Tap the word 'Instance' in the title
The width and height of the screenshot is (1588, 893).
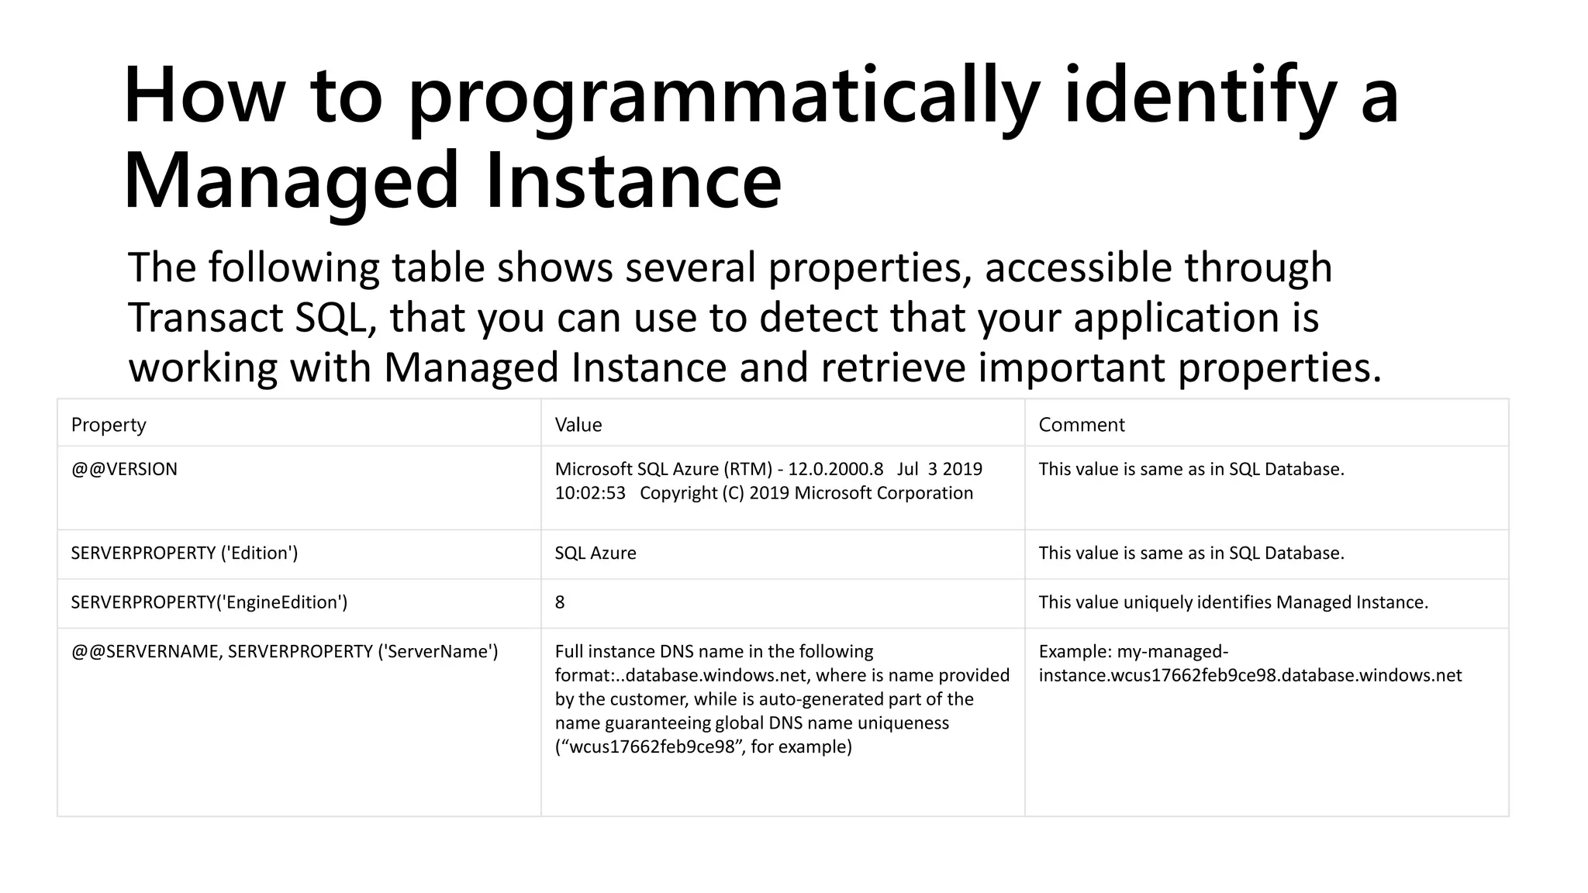tap(633, 181)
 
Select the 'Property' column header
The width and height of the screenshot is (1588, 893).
tap(109, 425)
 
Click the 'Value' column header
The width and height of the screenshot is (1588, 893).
tap(578, 425)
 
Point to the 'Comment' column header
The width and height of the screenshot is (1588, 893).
tap(1082, 425)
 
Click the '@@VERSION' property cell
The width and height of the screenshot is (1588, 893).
tap(124, 469)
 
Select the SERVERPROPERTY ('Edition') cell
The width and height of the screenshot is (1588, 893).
tap(185, 553)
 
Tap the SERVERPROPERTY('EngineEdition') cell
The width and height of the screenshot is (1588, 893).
tap(209, 602)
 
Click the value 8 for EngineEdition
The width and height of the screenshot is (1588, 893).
tap(560, 602)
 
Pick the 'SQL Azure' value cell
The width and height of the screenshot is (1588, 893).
tap(595, 553)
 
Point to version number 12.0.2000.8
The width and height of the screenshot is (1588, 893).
tap(835, 469)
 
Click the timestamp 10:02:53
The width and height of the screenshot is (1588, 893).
tap(590, 493)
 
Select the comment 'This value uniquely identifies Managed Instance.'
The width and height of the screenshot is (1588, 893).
tap(1233, 602)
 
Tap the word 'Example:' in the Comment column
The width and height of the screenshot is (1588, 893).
tap(1075, 651)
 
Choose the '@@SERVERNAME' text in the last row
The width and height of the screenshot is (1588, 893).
tap(147, 651)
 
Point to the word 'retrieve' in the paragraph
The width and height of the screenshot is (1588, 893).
tap(893, 367)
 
